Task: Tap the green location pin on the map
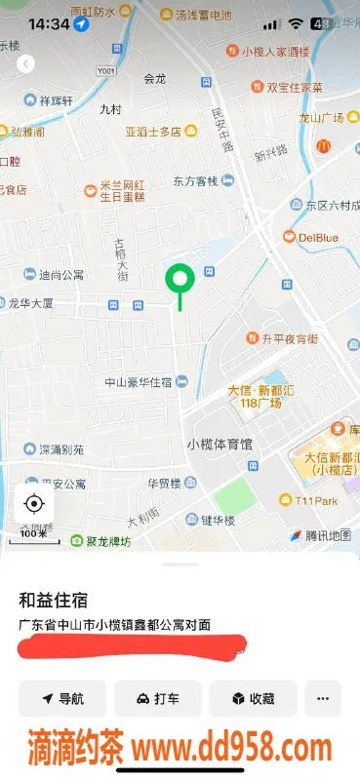coord(179,281)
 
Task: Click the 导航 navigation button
coord(62,698)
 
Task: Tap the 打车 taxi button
coord(157,698)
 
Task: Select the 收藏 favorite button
coord(252,698)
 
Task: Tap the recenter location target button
coord(34,503)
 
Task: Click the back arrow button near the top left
coord(26,63)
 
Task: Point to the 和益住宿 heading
coord(53,600)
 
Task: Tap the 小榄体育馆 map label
coord(220,444)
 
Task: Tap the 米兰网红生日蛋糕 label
coord(123,190)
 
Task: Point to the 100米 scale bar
coord(34,533)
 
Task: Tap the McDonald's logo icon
coord(323,146)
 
